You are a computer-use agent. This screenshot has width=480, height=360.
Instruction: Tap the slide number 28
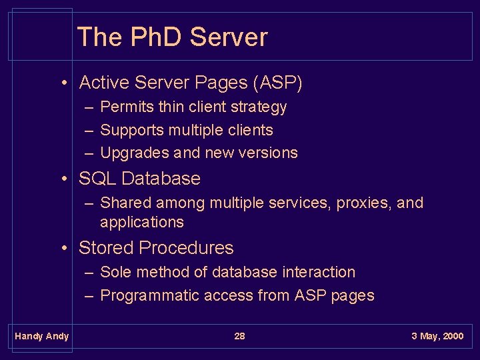(239, 336)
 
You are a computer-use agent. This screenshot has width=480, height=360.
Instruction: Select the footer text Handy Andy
(41, 336)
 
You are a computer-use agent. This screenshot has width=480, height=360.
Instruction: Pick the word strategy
(259, 107)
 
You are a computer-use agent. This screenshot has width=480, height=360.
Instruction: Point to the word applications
(142, 222)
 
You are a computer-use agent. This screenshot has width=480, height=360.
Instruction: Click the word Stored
(107, 248)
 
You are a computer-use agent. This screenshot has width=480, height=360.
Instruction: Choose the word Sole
(115, 272)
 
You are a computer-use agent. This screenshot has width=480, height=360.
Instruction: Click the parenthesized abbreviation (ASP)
(277, 83)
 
